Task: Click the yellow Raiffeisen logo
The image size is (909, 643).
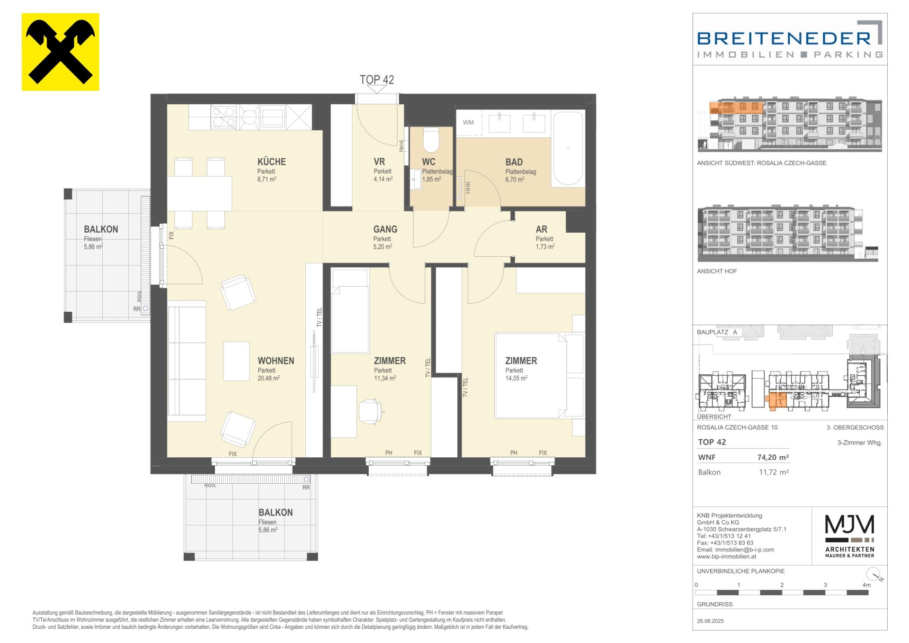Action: click(61, 52)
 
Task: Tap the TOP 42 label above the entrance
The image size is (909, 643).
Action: click(377, 80)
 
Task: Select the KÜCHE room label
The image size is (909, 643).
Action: click(272, 162)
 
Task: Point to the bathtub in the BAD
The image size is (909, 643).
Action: click(568, 148)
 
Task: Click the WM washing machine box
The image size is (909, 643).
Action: click(468, 122)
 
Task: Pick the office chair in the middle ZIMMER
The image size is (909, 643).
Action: click(370, 412)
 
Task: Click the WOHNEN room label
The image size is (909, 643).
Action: click(276, 361)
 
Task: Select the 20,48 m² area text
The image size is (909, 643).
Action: click(269, 378)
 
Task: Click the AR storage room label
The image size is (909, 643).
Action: click(542, 229)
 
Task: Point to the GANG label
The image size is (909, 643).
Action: click(385, 229)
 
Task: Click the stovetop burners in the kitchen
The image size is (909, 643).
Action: click(223, 117)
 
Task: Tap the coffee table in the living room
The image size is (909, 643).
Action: click(236, 361)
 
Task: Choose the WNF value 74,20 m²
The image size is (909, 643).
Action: click(773, 457)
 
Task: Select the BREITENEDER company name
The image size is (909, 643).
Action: click(784, 38)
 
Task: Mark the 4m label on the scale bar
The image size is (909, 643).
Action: click(866, 585)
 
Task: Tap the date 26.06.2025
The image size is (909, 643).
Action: click(711, 621)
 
